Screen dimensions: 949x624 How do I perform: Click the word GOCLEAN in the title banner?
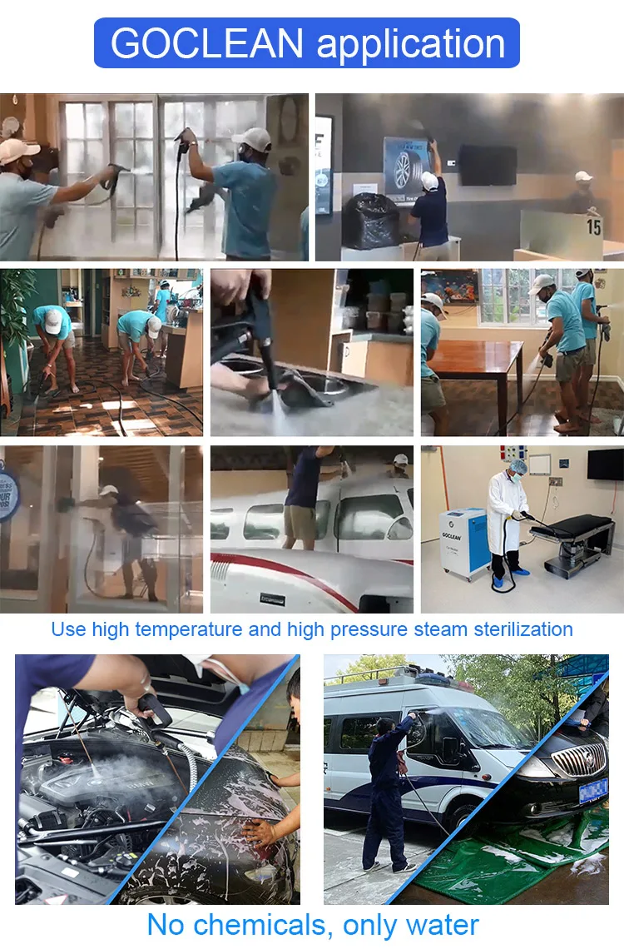(x=208, y=43)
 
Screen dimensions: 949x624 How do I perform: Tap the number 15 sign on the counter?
(x=593, y=226)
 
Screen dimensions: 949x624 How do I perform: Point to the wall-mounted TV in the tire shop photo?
(x=488, y=165)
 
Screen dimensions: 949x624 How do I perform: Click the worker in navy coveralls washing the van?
(x=388, y=791)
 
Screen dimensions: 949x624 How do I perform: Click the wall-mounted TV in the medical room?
(x=604, y=464)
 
